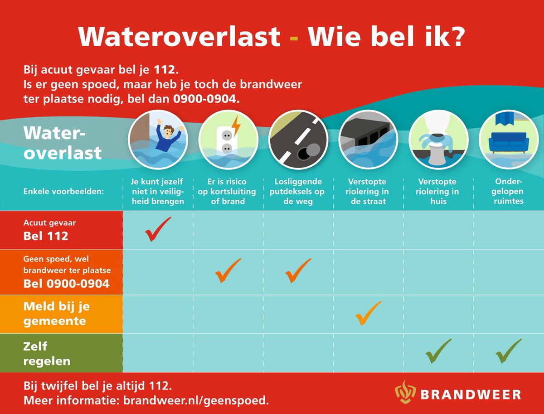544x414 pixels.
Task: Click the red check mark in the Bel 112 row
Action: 157,230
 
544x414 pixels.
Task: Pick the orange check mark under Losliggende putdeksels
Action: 298,270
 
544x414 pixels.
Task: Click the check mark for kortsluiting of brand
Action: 228,270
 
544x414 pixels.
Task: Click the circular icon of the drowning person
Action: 158,140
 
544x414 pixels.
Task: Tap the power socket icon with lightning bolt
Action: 228,140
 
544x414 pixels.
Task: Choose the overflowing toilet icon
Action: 438,140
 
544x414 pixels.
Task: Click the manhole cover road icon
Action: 298,140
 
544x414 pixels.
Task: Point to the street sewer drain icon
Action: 368,140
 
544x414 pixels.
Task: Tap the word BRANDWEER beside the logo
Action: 470,394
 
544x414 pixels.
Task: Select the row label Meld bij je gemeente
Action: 57,314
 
